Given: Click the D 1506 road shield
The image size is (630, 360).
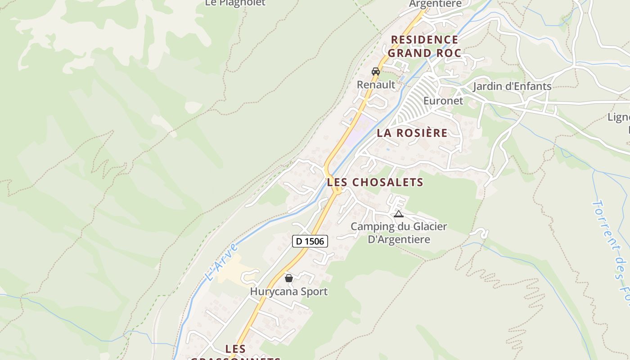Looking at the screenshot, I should pyautogui.click(x=310, y=241).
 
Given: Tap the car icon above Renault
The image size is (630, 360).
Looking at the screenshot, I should pyautogui.click(x=376, y=71).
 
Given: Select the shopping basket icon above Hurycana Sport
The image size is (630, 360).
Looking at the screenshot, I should pyautogui.click(x=289, y=278).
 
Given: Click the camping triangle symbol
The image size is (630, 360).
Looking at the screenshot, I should pyautogui.click(x=398, y=214).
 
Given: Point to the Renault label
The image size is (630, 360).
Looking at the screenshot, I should pyautogui.click(x=376, y=85).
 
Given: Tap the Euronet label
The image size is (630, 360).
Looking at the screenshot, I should pyautogui.click(x=443, y=101).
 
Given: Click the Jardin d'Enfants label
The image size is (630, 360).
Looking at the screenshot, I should pyautogui.click(x=512, y=86).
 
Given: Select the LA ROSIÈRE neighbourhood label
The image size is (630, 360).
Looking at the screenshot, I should pyautogui.click(x=412, y=133).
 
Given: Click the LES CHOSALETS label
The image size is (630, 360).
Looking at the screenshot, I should pyautogui.click(x=375, y=182).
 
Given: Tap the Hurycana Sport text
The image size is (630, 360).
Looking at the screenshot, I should pyautogui.click(x=289, y=292).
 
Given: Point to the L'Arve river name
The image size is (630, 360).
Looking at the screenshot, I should pyautogui.click(x=220, y=262).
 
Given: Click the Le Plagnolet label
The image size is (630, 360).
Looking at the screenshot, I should pyautogui.click(x=235, y=3).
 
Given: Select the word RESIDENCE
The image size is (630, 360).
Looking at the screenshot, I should pyautogui.click(x=425, y=40).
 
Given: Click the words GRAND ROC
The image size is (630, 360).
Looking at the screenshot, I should pyautogui.click(x=425, y=53).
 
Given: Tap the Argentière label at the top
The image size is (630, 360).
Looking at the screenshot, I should pyautogui.click(x=435, y=4).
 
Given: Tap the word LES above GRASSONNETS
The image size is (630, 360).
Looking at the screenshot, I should pyautogui.click(x=235, y=349).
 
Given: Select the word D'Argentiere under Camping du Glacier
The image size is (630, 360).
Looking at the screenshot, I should pyautogui.click(x=399, y=239).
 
